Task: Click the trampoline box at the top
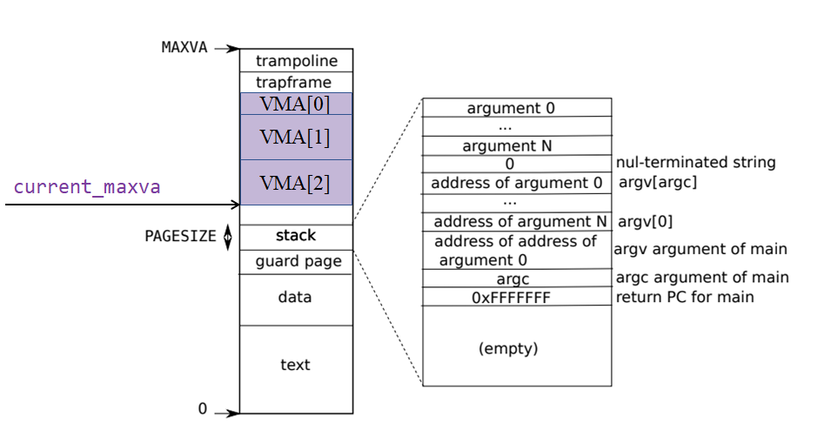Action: tap(296, 61)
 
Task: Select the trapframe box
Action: tap(296, 83)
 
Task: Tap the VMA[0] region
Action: tap(296, 104)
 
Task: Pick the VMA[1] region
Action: tap(296, 138)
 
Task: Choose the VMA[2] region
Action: tap(296, 183)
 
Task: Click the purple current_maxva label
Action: tap(87, 186)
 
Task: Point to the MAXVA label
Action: tap(184, 47)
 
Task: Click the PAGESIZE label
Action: tap(180, 236)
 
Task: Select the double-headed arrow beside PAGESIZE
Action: tap(229, 237)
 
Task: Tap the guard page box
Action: tap(296, 261)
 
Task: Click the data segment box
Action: tap(296, 298)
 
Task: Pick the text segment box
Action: tap(296, 365)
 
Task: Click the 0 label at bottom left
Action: tap(203, 408)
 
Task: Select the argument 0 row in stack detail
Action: tap(511, 108)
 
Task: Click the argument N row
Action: tap(506, 146)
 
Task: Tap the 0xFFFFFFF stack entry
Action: tap(511, 298)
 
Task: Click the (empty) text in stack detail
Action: tap(508, 348)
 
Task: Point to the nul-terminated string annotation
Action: tap(695, 162)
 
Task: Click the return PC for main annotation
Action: tap(685, 297)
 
